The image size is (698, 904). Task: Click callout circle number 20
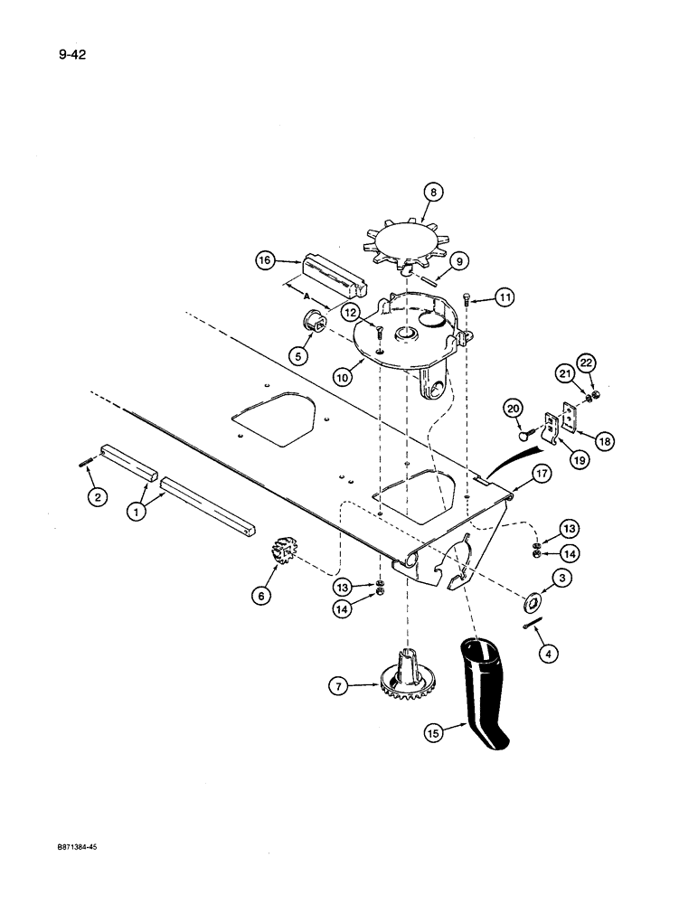point(514,410)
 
